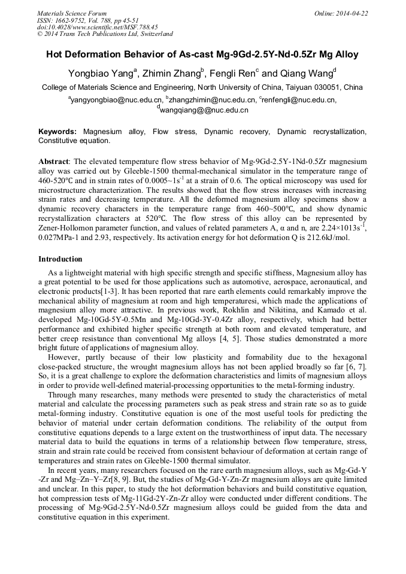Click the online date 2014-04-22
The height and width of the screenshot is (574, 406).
pyautogui.click(x=352, y=13)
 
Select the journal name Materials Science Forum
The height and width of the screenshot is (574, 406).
pyautogui.click(x=72, y=13)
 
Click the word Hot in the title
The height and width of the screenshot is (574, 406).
pyautogui.click(x=56, y=54)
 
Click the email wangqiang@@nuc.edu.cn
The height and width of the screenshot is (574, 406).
pyautogui.click(x=204, y=110)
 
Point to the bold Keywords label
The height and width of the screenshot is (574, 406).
pyautogui.click(x=57, y=132)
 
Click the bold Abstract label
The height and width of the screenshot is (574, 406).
pyautogui.click(x=53, y=162)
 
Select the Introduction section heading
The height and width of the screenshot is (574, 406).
pyautogui.click(x=60, y=259)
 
